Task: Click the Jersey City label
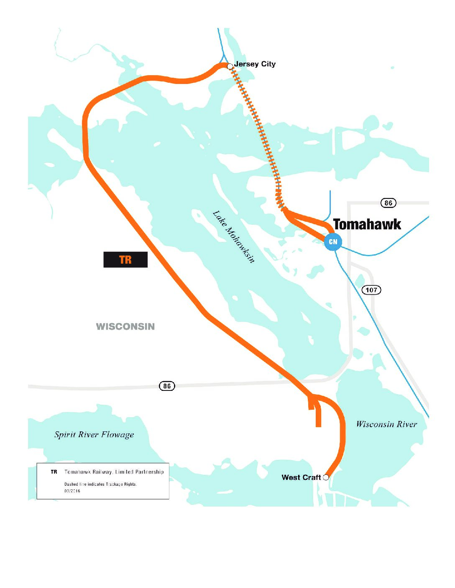[x=255, y=64]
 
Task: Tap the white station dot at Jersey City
[x=230, y=66]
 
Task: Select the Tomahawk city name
[x=367, y=224]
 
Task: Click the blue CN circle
[x=333, y=242]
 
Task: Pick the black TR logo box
[x=125, y=260]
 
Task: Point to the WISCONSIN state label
[x=125, y=327]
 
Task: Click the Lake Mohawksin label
[x=234, y=237]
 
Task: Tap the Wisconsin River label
[x=386, y=424]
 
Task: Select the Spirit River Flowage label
[x=94, y=435]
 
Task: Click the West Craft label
[x=301, y=477]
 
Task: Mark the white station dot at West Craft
[x=326, y=477]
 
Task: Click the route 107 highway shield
[x=371, y=290]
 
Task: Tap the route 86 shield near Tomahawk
[x=389, y=203]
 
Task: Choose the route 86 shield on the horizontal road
[x=167, y=386]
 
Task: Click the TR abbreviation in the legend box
[x=54, y=472]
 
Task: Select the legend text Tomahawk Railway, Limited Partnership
[x=114, y=472]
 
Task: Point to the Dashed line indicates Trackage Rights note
[x=100, y=484]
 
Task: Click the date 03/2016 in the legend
[x=72, y=491]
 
